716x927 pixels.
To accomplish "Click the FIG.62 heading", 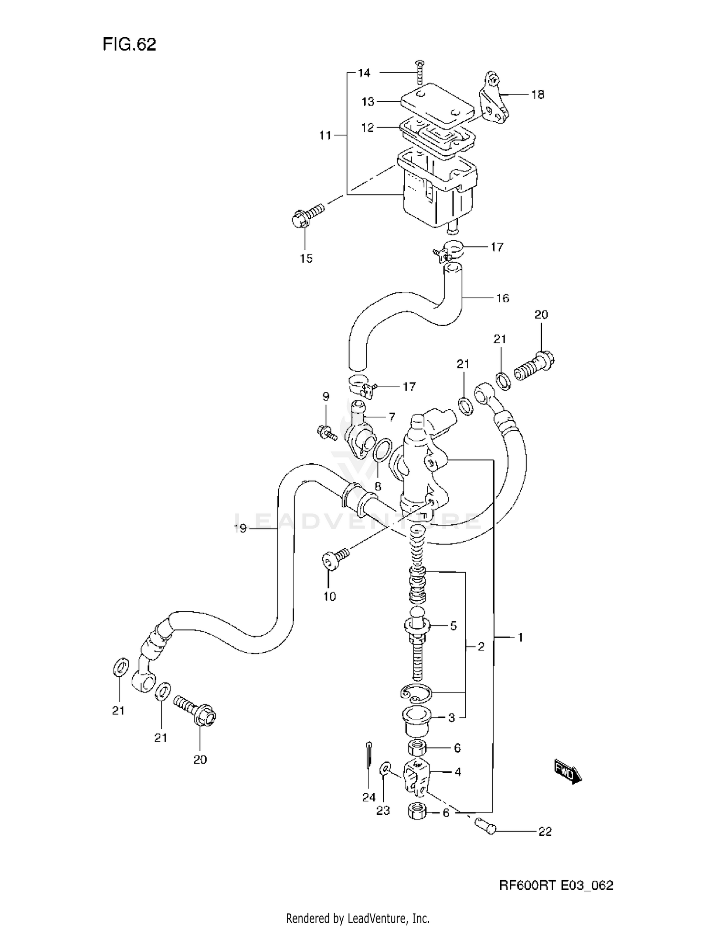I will [129, 44].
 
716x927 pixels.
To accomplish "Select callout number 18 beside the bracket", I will [537, 95].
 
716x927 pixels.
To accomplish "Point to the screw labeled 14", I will [420, 73].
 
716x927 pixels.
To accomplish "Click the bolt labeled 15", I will [305, 215].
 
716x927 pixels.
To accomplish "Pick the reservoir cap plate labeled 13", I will [437, 103].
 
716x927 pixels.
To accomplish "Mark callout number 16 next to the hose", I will [503, 298].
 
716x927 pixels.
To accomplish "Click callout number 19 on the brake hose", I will [240, 528].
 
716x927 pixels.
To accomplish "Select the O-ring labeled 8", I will [381, 451].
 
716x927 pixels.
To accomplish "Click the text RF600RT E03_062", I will [556, 885].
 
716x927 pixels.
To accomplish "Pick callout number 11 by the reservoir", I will [325, 136].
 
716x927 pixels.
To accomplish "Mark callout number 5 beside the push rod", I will [453, 626].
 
